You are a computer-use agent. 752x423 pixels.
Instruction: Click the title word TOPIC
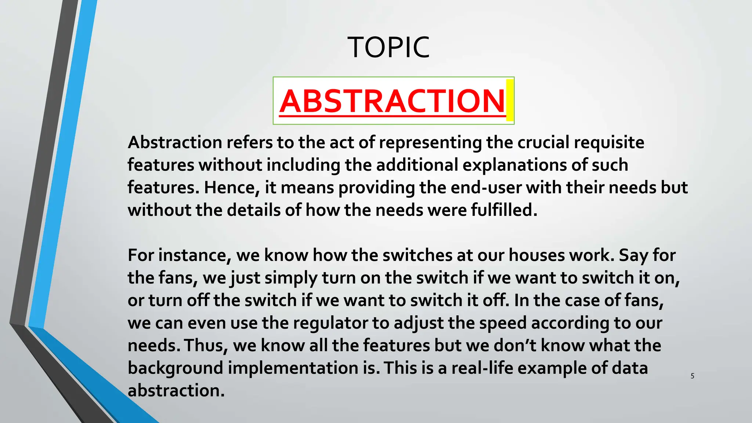pos(388,47)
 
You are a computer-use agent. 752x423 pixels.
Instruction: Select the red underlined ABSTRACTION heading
pos(392,101)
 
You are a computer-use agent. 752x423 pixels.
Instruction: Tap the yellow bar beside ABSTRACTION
pos(509,100)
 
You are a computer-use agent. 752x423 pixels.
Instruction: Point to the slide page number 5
pos(692,376)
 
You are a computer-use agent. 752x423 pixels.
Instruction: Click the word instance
pos(195,255)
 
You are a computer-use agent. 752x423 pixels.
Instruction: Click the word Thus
pos(206,346)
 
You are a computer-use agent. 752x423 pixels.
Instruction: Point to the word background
pos(176,368)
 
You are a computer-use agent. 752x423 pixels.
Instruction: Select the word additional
pos(417,165)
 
